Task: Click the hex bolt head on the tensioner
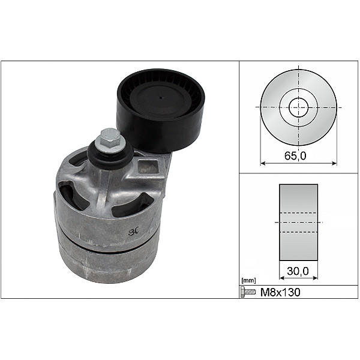109,139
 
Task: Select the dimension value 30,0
298,271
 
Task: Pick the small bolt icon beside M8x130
247,292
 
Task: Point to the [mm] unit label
247,281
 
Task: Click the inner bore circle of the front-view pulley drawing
298,108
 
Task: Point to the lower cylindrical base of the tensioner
105,267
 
